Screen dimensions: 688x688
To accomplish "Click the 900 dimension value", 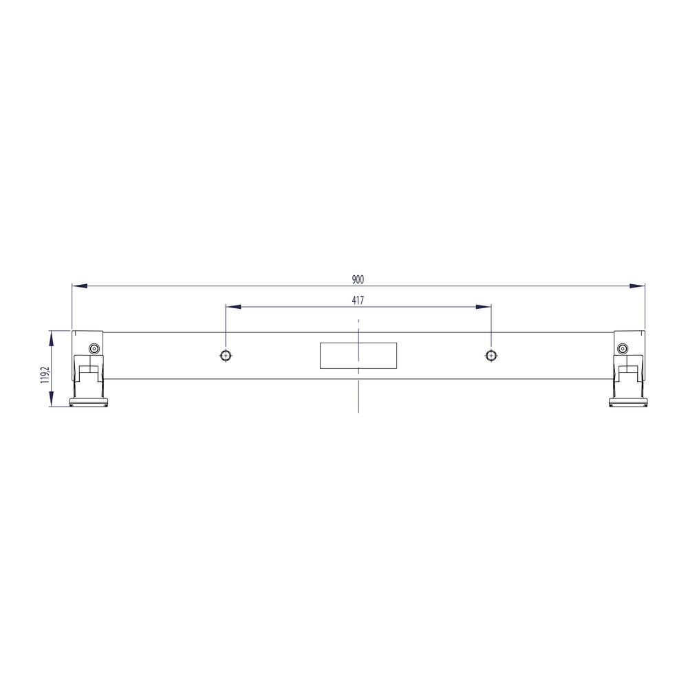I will tap(358, 279).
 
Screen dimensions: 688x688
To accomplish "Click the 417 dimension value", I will tap(358, 300).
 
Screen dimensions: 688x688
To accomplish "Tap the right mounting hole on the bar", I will tap(491, 355).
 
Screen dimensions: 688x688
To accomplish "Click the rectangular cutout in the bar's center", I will tap(358, 355).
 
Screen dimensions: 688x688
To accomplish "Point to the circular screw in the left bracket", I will tap(94, 349).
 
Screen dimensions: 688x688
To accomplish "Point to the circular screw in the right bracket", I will tap(623, 349).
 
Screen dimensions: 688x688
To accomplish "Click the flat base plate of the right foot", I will tap(628, 402).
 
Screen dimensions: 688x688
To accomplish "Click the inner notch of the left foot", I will tap(87, 374).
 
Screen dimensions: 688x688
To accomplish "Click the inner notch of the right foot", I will tap(628, 374).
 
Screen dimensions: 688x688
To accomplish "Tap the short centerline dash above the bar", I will tap(358, 321).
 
